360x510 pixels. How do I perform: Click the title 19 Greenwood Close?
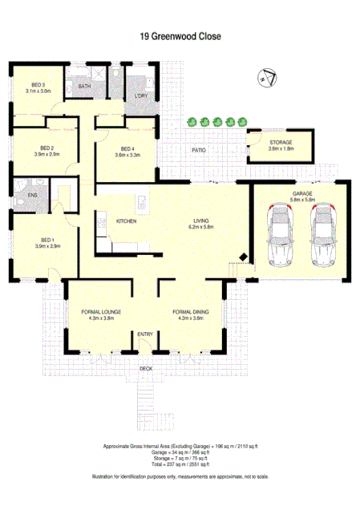180,36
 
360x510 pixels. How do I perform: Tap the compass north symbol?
268,77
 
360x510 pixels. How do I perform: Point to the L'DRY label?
142,97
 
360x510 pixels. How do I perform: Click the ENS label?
32,194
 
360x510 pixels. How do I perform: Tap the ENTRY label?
145,334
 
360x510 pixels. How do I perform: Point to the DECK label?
145,368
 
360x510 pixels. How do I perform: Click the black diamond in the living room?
242,257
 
